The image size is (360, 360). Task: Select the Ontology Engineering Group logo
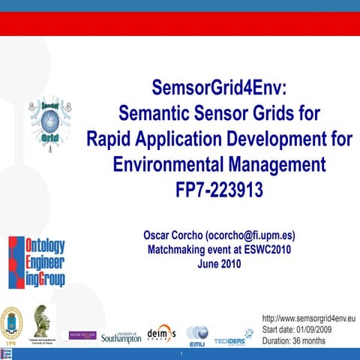pyautogui.click(x=36, y=262)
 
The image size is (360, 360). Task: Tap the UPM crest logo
pyautogui.click(x=12, y=323)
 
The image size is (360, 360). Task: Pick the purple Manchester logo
pyautogui.click(x=82, y=334)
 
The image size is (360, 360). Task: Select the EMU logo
pyautogui.click(x=197, y=334)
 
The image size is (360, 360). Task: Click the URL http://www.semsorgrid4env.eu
pyautogui.click(x=308, y=319)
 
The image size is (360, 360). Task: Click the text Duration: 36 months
pyautogui.click(x=293, y=340)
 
